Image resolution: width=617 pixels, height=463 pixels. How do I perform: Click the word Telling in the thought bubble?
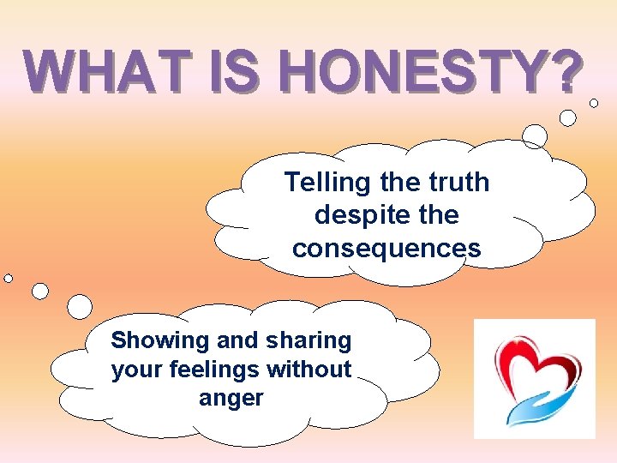click(x=326, y=183)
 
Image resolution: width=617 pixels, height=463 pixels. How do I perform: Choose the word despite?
click(x=340, y=214)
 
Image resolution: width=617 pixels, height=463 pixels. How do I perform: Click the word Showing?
click(x=160, y=341)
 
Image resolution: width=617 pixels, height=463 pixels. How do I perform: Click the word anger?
click(x=231, y=399)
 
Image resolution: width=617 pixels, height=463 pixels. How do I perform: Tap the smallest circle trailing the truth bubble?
click(x=594, y=103)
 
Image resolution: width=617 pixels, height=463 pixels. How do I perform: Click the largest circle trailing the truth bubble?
click(x=535, y=135)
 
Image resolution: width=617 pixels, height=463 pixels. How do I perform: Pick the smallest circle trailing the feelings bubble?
click(x=9, y=278)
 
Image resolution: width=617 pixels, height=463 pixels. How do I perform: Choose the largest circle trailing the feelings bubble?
click(x=80, y=306)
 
